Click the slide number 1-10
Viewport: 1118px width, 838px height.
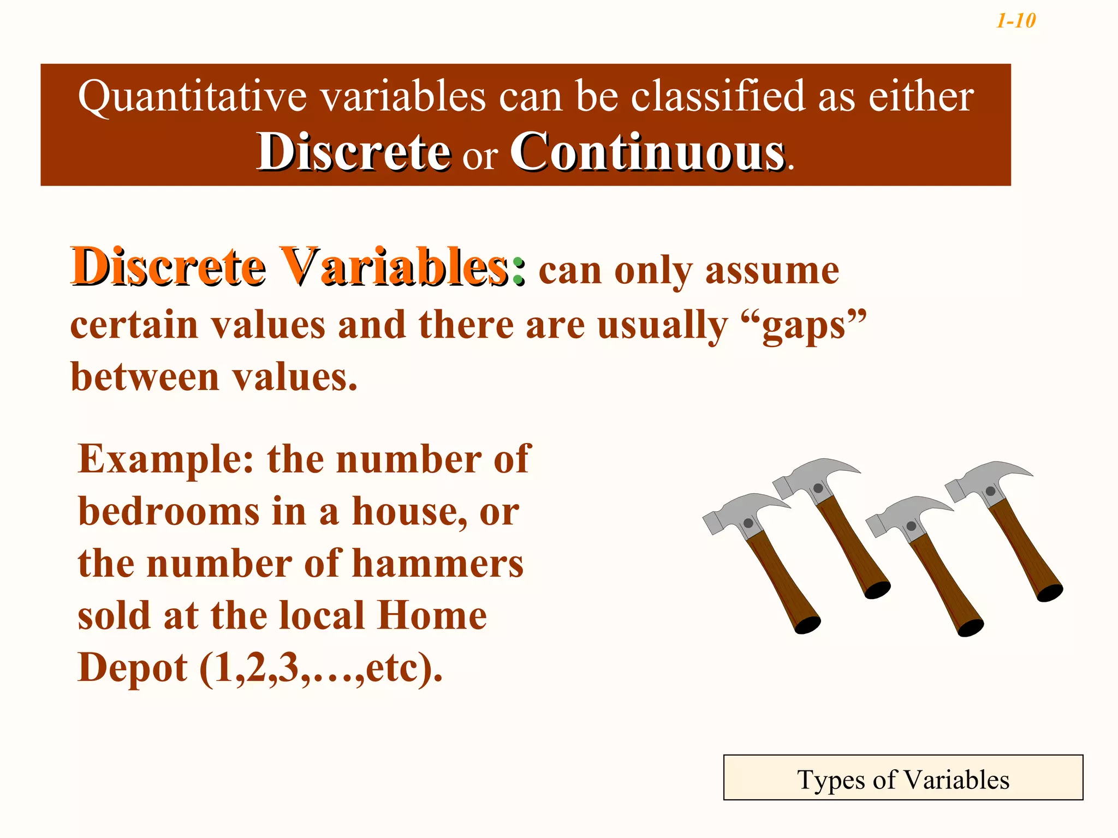coord(1015,21)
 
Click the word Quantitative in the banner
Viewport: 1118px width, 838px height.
coord(193,97)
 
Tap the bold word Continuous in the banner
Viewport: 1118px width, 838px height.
coord(647,152)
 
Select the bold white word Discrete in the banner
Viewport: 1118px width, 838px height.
coord(354,152)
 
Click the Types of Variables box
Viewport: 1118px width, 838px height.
coord(903,778)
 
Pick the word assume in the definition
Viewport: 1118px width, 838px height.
coord(772,271)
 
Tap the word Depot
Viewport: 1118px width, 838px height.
coord(133,668)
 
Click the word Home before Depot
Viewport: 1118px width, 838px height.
coord(432,616)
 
